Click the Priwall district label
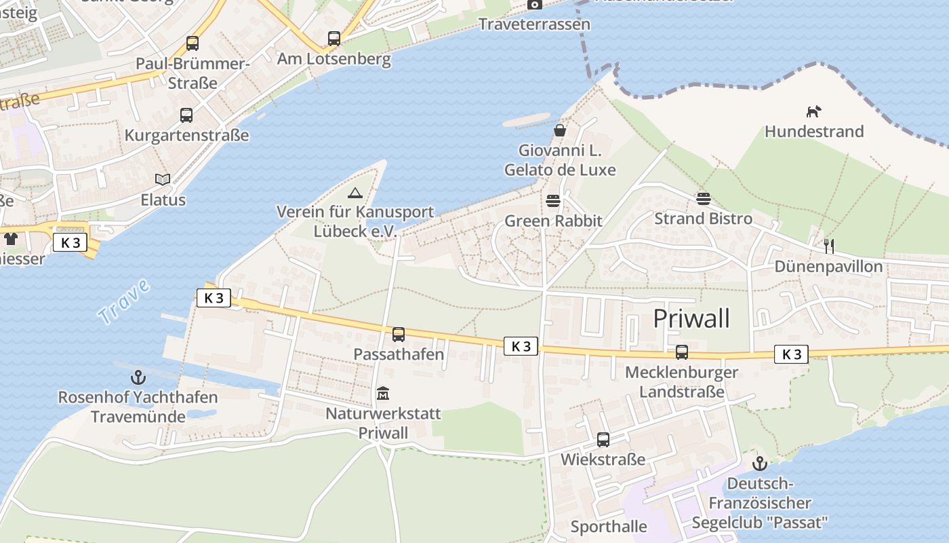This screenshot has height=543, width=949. [x=691, y=318]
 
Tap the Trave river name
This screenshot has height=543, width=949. [x=123, y=301]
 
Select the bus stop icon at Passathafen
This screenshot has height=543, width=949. [x=399, y=334]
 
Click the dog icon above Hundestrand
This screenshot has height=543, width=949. [x=813, y=111]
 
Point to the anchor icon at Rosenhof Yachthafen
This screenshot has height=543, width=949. [x=138, y=377]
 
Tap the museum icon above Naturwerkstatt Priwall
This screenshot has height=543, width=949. [x=383, y=393]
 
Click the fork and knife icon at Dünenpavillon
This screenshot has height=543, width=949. [x=828, y=246]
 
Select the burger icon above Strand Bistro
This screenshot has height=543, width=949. [x=703, y=198]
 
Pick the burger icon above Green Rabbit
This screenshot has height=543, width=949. [x=553, y=201]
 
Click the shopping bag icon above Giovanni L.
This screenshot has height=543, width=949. [x=560, y=130]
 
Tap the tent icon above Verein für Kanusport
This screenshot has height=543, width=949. [x=355, y=193]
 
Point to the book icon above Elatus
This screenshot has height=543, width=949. [x=163, y=179]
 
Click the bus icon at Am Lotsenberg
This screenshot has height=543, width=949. [x=334, y=39]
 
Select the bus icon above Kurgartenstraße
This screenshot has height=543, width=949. [x=186, y=115]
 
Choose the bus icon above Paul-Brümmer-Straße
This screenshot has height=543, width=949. [x=193, y=43]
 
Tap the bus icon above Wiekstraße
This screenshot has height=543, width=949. [x=603, y=439]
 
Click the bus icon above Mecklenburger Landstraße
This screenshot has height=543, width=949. [x=681, y=352]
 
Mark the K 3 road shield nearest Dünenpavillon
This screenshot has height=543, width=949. [x=791, y=354]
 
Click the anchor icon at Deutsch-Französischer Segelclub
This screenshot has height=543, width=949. [x=760, y=464]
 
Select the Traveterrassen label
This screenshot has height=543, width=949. [x=534, y=24]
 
